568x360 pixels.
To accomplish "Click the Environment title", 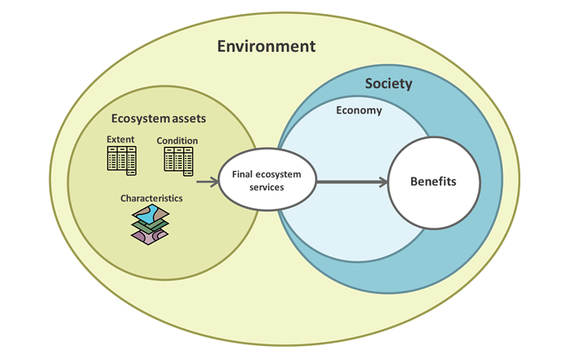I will tap(266, 46).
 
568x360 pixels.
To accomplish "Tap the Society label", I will tap(388, 84).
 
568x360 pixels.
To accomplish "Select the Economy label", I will tap(359, 110).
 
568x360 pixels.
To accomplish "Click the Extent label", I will tap(120, 139).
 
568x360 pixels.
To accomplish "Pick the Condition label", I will tap(178, 141).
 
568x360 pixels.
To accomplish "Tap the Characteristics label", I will tap(151, 198).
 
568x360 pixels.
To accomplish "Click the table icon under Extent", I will tap(121, 159).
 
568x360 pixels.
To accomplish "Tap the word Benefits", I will tap(433, 181).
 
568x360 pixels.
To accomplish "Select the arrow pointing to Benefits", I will tap(352, 182).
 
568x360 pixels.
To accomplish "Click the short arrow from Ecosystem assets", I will tap(206, 182).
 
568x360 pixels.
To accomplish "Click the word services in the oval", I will tap(266, 187).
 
